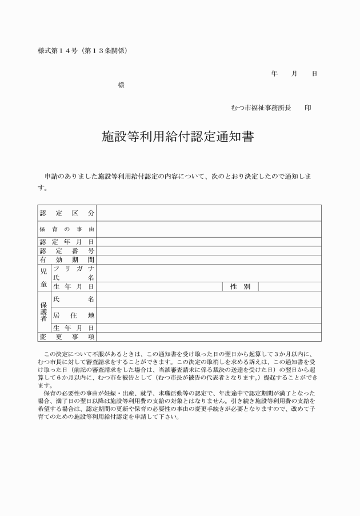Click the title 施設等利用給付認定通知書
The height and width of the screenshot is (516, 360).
click(x=178, y=137)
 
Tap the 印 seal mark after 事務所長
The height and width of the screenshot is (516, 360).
click(x=309, y=107)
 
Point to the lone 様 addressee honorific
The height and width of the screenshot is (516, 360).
click(x=121, y=85)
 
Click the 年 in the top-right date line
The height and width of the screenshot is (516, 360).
click(x=274, y=74)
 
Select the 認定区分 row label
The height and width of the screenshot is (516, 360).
click(x=67, y=213)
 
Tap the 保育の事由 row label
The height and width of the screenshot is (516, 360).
click(x=67, y=230)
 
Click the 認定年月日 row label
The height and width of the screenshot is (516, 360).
click(x=67, y=242)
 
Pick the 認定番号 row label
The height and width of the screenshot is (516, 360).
click(x=67, y=251)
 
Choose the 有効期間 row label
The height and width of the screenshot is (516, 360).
click(x=67, y=259)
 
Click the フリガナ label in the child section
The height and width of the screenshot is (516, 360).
click(x=74, y=268)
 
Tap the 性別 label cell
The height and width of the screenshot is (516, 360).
click(x=240, y=286)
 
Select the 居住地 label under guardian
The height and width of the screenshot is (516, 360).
click(x=74, y=315)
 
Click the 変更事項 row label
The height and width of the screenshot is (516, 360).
click(x=67, y=337)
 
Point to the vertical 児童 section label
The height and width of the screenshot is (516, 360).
click(x=44, y=277)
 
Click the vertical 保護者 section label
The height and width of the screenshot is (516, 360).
click(x=44, y=312)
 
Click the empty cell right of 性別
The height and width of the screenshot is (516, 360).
click(x=289, y=286)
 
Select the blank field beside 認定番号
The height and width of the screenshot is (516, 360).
click(x=209, y=251)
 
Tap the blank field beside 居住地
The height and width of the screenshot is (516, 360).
click(x=209, y=315)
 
